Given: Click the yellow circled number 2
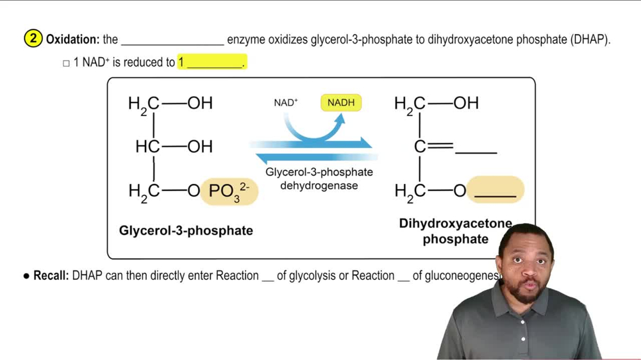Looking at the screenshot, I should [x=33, y=39].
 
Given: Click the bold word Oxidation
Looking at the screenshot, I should [x=72, y=40].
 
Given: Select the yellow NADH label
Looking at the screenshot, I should [x=341, y=102].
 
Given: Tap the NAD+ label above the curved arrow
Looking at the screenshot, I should [x=286, y=102].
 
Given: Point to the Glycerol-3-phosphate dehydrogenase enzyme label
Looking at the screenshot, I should [x=319, y=179].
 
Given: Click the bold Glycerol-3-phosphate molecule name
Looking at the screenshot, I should [x=186, y=231].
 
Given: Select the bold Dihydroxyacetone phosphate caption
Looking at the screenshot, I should [x=455, y=231].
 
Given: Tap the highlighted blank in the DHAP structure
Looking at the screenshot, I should [x=495, y=191].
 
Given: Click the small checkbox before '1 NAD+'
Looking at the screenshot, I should [x=66, y=63].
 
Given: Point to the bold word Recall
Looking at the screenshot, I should [x=51, y=276].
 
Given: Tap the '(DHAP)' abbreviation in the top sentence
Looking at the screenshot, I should [x=589, y=40].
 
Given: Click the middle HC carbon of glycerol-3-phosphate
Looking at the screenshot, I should [x=147, y=147].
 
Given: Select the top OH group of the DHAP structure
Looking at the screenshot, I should [x=466, y=103].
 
